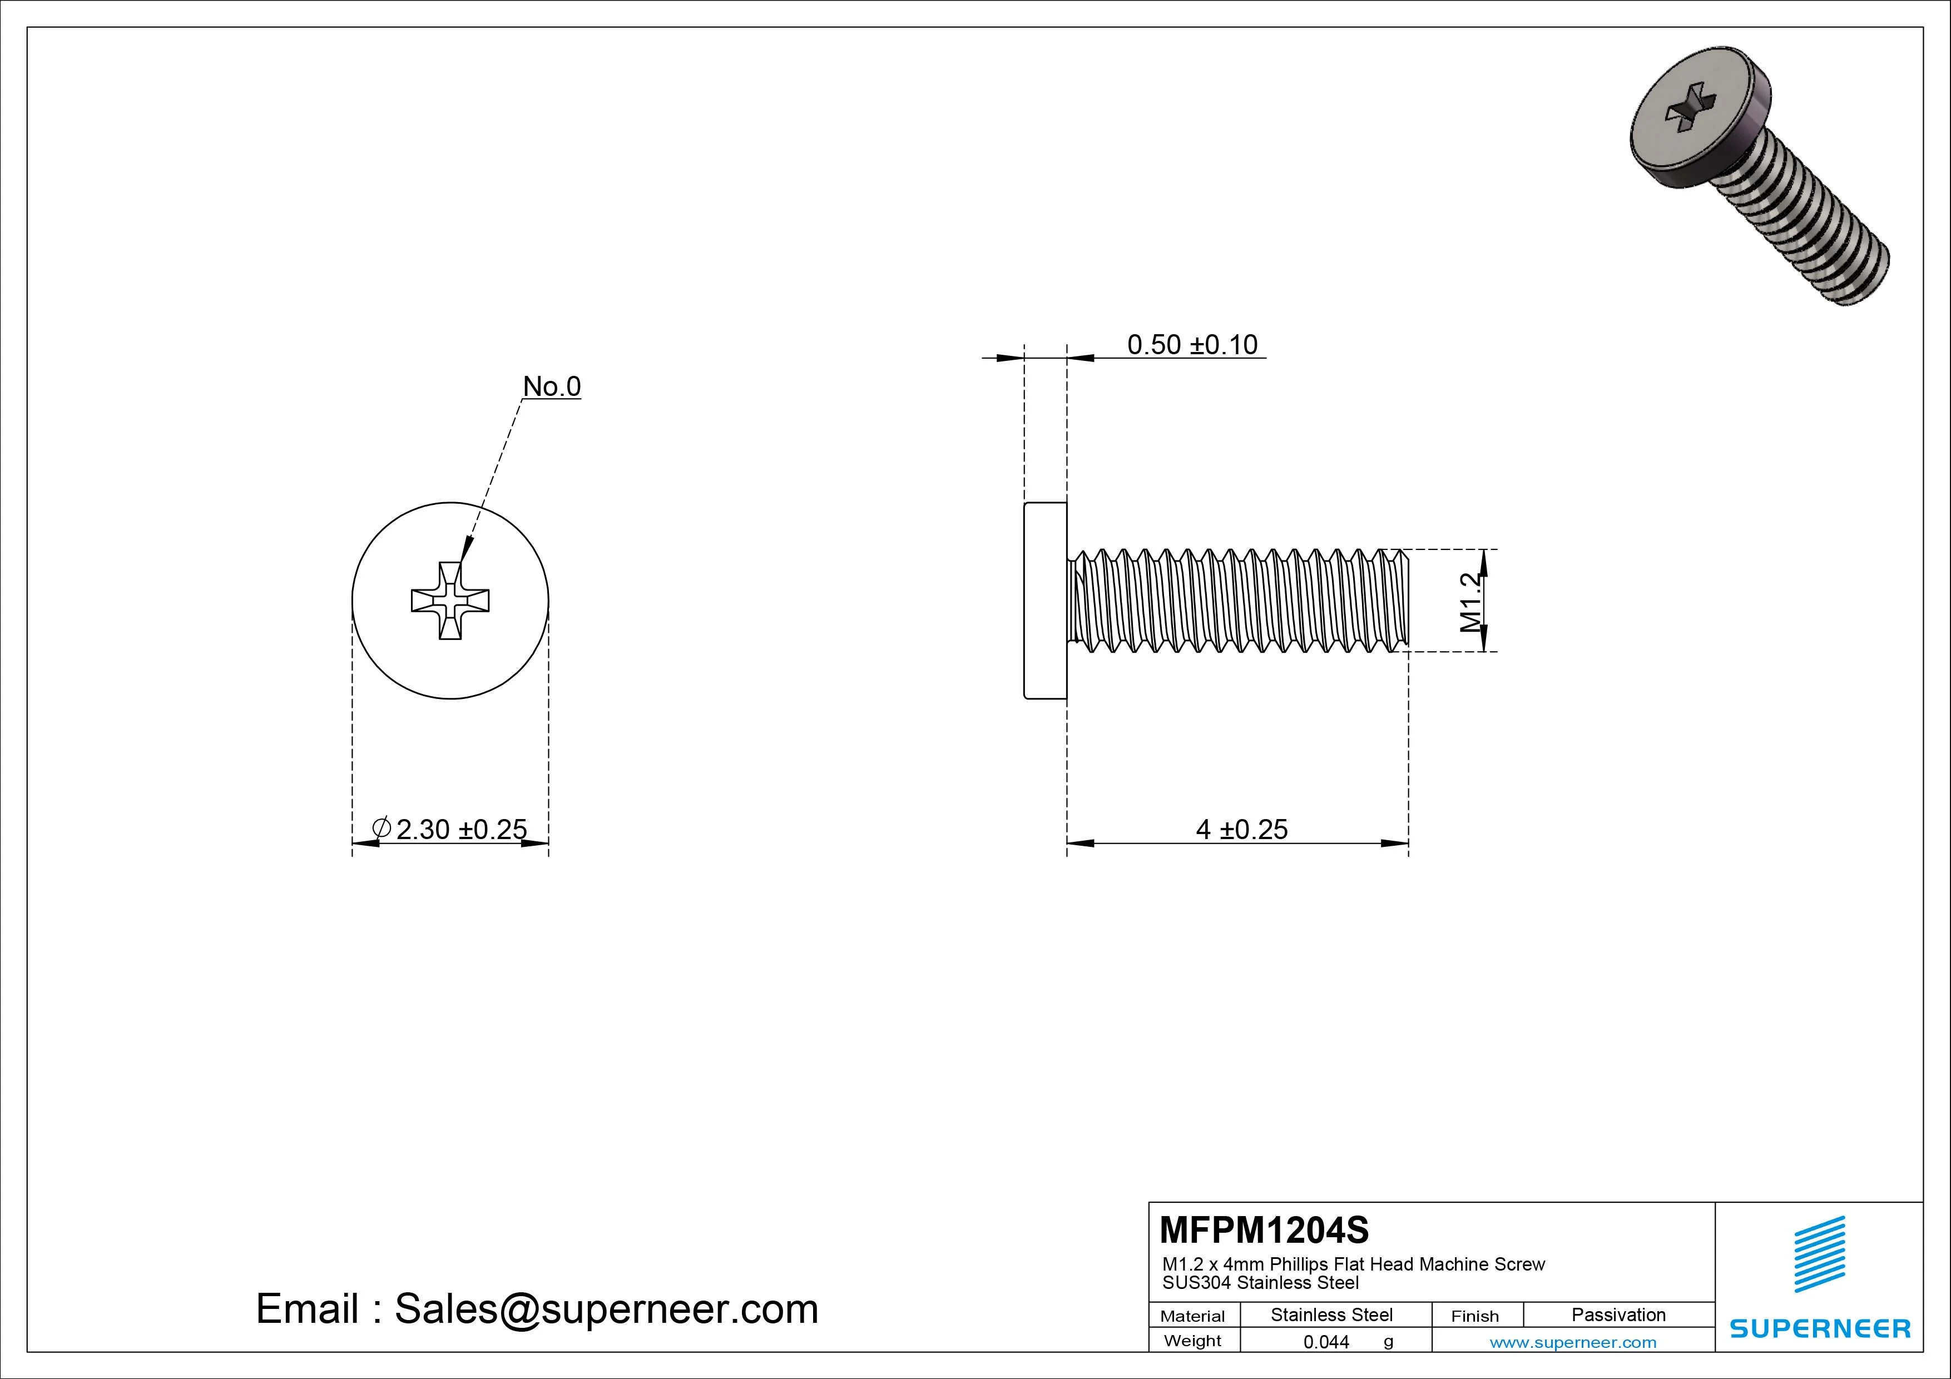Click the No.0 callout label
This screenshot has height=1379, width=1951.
tap(552, 386)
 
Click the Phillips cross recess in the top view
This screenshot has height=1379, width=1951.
tap(450, 600)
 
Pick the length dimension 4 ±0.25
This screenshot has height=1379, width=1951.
tap(1241, 829)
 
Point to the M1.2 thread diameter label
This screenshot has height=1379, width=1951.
tap(1471, 602)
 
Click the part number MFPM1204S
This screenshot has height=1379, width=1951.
tap(1264, 1229)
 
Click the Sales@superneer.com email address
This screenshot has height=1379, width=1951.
tap(606, 1309)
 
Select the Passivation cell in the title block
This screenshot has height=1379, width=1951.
tap(1618, 1314)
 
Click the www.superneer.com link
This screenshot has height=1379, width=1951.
tap(1572, 1342)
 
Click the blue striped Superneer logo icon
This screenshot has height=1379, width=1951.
tap(1819, 1254)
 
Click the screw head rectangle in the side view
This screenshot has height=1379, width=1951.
tap(1045, 600)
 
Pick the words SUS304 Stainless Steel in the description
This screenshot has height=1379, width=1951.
tap(1260, 1283)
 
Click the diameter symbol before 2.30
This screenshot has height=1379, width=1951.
tap(382, 827)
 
